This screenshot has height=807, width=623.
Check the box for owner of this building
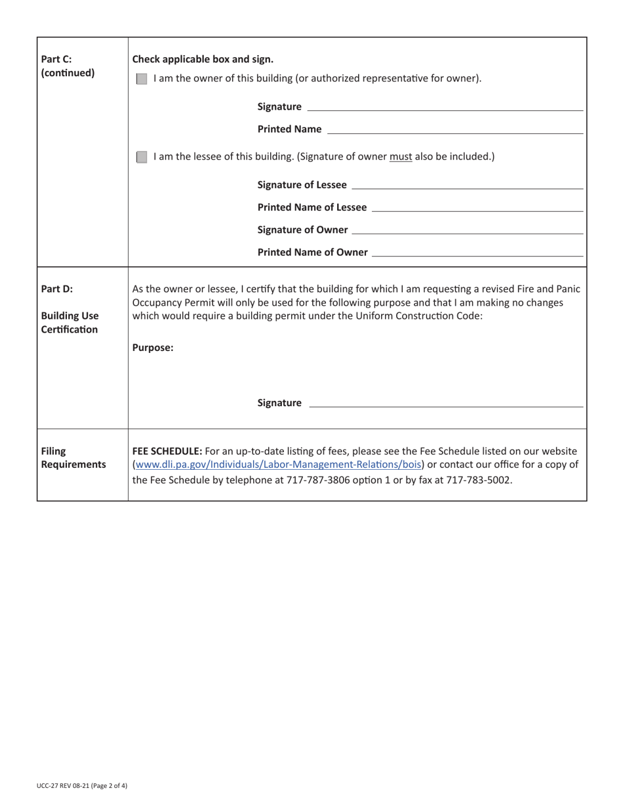[x=141, y=79]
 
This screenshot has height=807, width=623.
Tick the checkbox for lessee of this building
[x=141, y=157]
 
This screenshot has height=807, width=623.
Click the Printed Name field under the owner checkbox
[x=454, y=129]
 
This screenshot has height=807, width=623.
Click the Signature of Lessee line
[x=467, y=184]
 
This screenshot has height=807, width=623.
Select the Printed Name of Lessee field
[x=476, y=207]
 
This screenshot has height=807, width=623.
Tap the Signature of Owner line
[x=467, y=229]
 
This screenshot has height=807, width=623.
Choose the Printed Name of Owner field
[x=476, y=251]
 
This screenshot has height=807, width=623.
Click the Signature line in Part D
[x=445, y=402]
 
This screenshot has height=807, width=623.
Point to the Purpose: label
[x=153, y=348]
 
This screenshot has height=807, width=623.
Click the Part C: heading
[x=56, y=59]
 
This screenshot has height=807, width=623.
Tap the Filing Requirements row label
[x=72, y=458]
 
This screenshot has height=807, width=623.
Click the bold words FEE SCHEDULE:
[x=167, y=451]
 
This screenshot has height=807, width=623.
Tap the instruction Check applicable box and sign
[x=203, y=59]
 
